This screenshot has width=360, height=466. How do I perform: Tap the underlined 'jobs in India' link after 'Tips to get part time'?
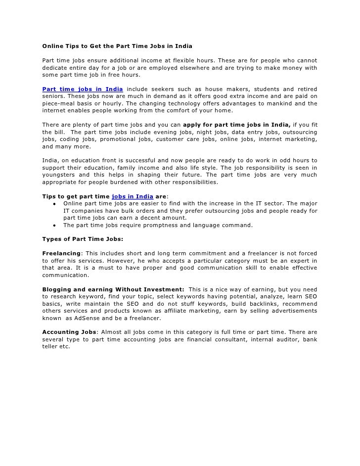point(133,196)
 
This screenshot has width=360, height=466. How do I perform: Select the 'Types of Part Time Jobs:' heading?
point(83,239)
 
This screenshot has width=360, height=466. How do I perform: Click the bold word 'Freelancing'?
point(61,253)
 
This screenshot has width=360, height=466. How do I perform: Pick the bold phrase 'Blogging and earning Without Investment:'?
point(113,289)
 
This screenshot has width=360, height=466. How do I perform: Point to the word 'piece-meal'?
point(58,103)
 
